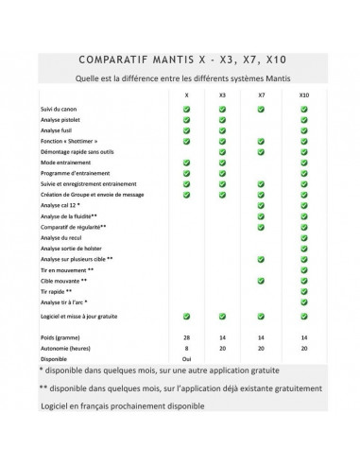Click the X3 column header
(222, 96)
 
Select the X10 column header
(303, 96)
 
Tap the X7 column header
(260, 96)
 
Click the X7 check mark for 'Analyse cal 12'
(260, 205)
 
